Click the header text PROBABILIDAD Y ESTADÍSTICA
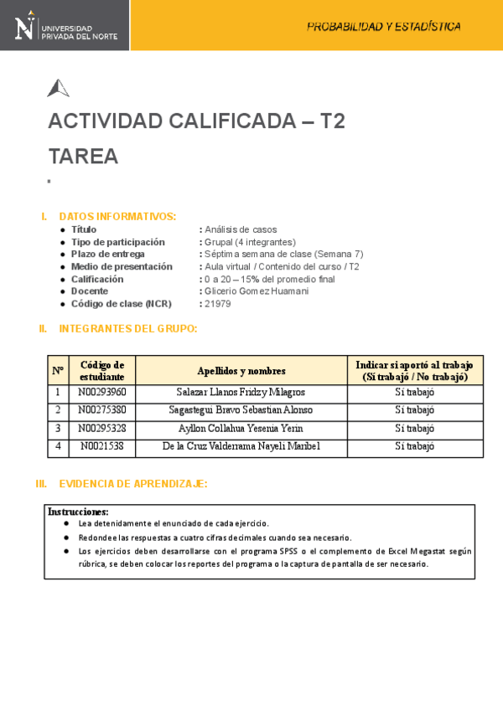[x=383, y=27]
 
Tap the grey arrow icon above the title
[x=58, y=88]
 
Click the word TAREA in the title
[x=83, y=157]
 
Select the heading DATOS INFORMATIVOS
[x=117, y=217]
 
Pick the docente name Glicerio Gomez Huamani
[x=257, y=291]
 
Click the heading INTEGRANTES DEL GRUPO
[x=127, y=329]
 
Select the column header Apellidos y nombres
[x=241, y=371]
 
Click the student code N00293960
[x=102, y=392]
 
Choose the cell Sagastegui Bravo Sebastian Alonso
[x=241, y=410]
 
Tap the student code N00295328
[x=102, y=429]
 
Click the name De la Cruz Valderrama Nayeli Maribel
[x=241, y=447]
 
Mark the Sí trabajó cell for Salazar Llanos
[x=415, y=392]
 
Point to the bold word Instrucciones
[x=78, y=512]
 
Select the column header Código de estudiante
[x=102, y=371]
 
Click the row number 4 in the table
[x=58, y=447]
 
